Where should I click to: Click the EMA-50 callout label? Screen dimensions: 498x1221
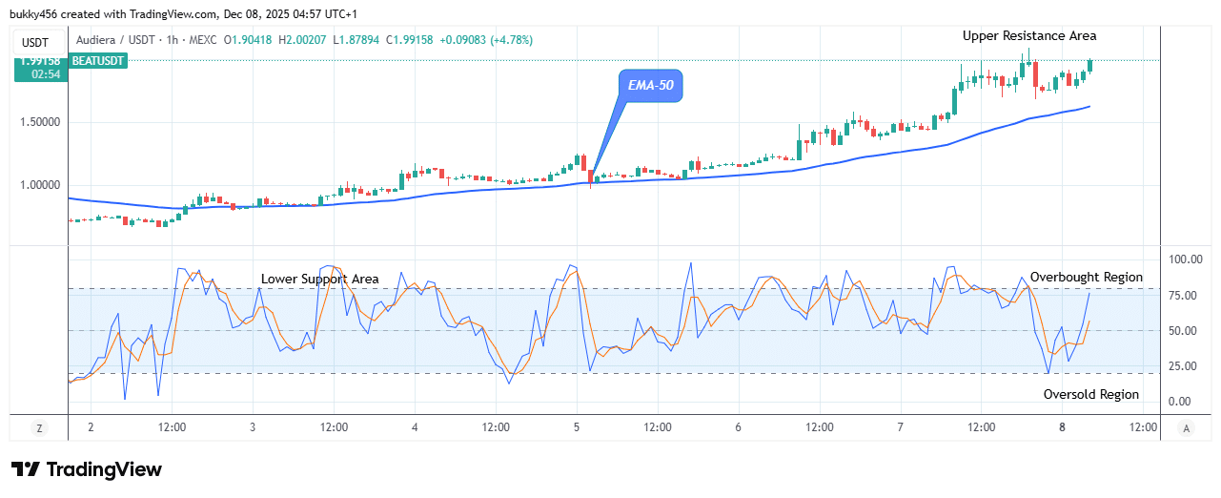651,85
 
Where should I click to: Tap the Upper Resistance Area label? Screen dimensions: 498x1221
1029,35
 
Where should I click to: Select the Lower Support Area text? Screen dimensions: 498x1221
320,279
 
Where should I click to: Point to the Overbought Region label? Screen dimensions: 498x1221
1086,277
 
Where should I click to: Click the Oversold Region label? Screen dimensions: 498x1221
1090,394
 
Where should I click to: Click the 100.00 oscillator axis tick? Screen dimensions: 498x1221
1186,259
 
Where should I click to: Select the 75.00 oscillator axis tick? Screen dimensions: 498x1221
1186,296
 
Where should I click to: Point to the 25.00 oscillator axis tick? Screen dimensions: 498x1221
1186,366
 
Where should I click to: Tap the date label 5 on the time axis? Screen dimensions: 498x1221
577,427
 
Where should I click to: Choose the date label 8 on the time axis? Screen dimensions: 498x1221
1063,427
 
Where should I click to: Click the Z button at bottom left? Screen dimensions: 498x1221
39,428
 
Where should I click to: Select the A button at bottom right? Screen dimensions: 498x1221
1185,428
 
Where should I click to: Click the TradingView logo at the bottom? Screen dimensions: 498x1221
87,469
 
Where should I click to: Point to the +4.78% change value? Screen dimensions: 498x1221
511,40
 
